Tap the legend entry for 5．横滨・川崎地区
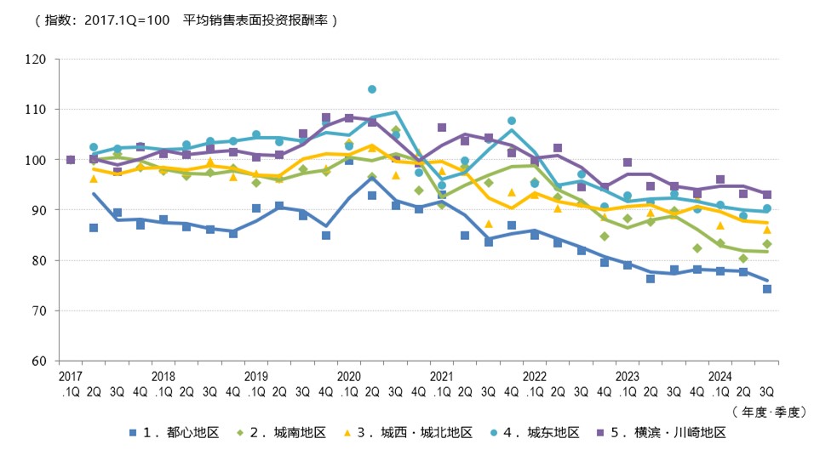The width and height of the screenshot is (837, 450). point(663,433)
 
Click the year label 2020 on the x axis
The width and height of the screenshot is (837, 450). point(349,375)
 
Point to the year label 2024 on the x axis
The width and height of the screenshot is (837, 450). point(720,375)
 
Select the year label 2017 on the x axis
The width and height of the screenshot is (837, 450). point(70,375)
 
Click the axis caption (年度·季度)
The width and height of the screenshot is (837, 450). point(768,411)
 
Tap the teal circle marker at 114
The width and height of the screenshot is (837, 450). point(372,89)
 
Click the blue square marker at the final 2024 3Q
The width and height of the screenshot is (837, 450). point(766,288)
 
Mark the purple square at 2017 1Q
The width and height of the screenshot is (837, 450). point(70,160)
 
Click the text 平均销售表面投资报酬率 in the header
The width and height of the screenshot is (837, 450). point(255,20)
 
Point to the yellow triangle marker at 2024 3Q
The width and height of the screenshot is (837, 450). point(766,230)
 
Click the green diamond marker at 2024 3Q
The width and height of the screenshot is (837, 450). point(766,244)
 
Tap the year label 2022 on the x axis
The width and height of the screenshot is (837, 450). point(535,375)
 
